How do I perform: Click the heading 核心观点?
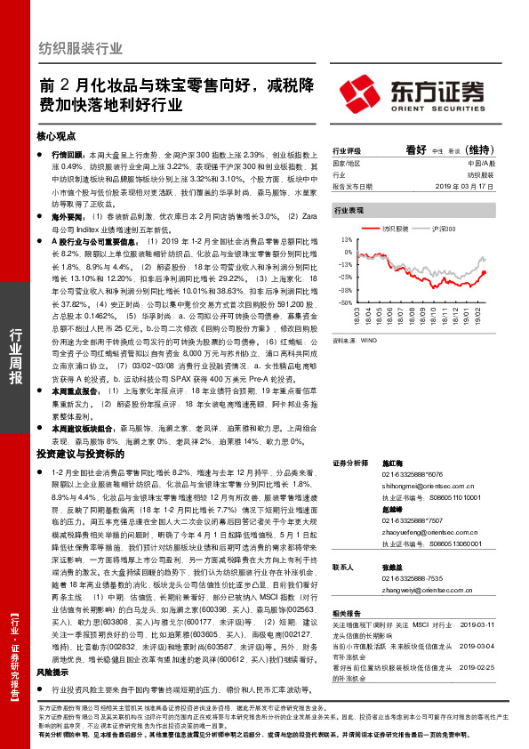click(58, 136)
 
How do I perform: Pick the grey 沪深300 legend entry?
click(447, 229)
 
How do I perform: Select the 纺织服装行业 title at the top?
click(81, 48)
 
